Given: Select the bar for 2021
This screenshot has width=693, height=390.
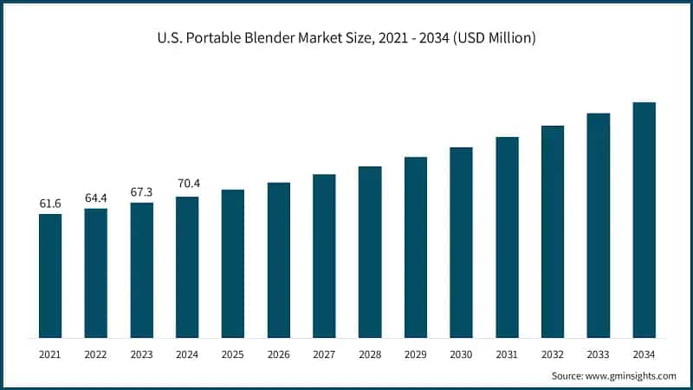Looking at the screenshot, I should point(50,276).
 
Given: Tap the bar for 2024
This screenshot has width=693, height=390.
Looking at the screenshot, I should point(187,267).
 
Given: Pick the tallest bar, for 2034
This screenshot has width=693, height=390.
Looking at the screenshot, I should point(644,220).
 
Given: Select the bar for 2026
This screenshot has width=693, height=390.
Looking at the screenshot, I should point(279,260).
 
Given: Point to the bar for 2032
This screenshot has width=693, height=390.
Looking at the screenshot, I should point(553,231).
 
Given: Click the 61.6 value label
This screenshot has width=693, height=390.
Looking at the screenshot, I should point(50,204).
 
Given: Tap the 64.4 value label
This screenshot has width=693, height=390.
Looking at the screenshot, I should point(96,198).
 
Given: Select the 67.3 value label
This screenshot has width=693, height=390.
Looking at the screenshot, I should point(142,192).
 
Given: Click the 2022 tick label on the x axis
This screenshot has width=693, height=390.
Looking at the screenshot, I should point(96,354).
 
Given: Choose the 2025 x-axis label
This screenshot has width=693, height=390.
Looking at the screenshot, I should point(233,354).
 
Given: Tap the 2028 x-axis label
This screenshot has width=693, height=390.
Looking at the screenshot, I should point(370,354).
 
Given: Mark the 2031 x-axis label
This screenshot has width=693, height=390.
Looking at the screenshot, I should point(507,354).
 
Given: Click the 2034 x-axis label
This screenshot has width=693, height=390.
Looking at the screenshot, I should point(644,354).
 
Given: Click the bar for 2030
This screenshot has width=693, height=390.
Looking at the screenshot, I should point(461,243).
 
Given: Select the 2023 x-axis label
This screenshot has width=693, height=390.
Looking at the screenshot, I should point(142,354).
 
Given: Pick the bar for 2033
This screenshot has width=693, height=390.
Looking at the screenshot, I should point(599,225).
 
